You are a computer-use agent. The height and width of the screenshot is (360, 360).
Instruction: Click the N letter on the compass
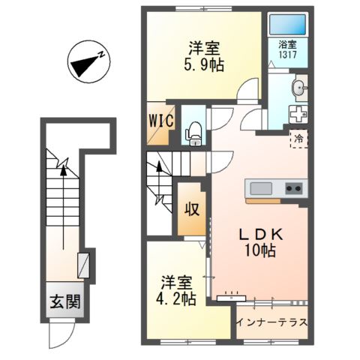point(101,55)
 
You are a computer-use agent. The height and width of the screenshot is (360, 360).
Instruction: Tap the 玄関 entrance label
point(65,301)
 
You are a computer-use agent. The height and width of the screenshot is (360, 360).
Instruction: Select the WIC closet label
point(161,121)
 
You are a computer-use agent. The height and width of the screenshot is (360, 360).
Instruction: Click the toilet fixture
point(193,133)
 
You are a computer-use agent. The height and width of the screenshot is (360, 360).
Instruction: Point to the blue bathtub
point(287,25)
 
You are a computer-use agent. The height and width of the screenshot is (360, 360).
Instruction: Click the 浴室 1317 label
point(287,49)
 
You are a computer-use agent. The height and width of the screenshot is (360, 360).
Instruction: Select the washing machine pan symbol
point(298,114)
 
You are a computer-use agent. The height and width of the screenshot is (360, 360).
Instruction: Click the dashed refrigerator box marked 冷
point(298,139)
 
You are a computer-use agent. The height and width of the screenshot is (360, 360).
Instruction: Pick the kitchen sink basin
point(261,189)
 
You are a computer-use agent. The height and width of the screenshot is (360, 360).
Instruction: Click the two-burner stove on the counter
point(294,189)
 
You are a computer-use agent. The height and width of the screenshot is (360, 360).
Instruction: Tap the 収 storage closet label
point(192,208)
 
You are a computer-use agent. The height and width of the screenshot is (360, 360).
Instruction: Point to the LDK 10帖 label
point(261,242)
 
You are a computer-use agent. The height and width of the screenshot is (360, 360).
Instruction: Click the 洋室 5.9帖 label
point(204,56)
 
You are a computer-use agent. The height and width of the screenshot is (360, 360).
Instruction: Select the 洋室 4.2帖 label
point(176,290)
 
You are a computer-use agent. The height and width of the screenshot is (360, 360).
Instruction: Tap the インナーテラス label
point(271,322)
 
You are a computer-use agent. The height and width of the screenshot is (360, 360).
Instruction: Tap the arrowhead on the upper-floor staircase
point(159,166)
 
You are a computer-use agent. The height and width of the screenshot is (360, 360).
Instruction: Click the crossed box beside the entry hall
point(83,265)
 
